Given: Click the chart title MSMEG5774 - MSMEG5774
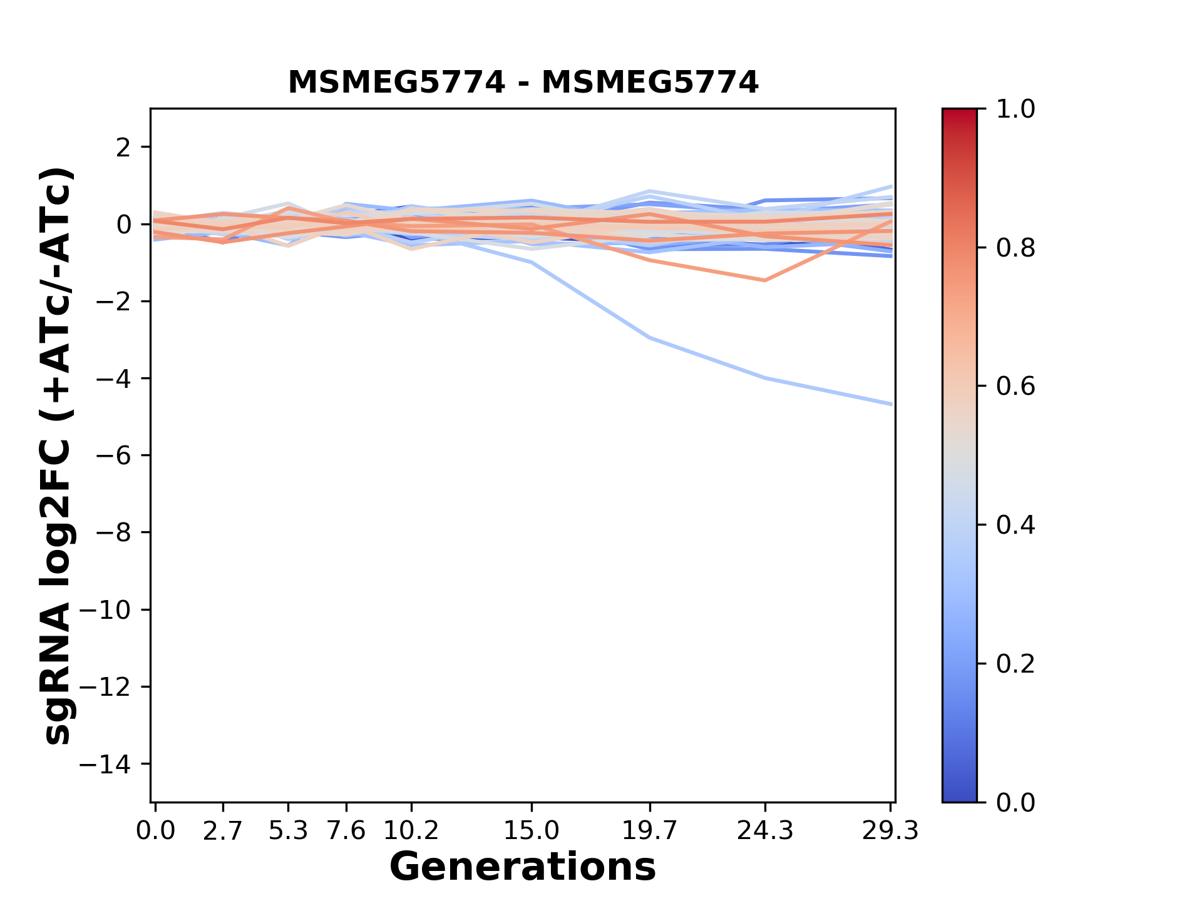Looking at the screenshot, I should (x=523, y=83).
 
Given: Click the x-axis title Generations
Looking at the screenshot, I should (x=523, y=867).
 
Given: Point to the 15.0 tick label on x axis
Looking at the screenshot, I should (x=531, y=831).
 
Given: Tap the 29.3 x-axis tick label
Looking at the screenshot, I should (x=890, y=831).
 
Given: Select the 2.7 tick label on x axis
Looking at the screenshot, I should (x=223, y=831).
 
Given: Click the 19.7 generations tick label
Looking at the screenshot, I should (x=649, y=831).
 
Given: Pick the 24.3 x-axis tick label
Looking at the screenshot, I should (x=764, y=831).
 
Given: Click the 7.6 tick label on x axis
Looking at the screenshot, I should (x=346, y=831).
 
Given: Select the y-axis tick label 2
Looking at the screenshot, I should (x=123, y=148).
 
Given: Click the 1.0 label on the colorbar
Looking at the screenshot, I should (x=1015, y=109).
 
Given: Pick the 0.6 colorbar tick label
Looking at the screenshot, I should (x=1015, y=387).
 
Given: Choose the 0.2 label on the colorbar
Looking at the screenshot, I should (x=1015, y=664).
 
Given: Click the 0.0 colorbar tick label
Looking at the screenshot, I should (x=1015, y=803).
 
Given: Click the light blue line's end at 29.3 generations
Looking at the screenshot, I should (x=890, y=404).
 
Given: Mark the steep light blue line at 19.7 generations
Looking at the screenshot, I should (x=650, y=338).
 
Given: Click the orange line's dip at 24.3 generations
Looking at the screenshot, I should (x=764, y=280).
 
